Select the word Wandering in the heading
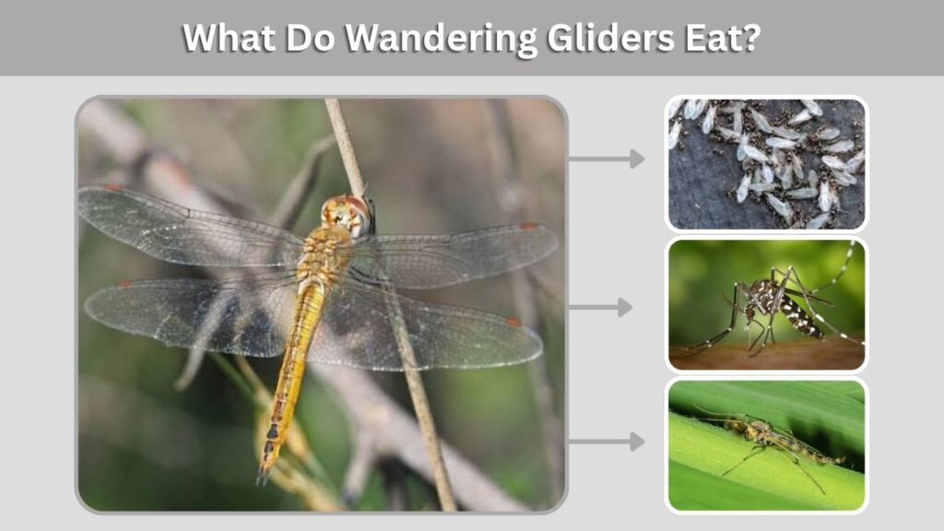(440, 39)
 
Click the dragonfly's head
(346, 213)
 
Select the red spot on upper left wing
(112, 187)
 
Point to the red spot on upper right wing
(528, 227)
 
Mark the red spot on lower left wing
(124, 284)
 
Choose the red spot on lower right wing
(513, 322)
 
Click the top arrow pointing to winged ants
(607, 159)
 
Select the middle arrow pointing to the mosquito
(601, 308)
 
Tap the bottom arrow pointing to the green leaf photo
(607, 442)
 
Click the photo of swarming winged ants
(766, 163)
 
